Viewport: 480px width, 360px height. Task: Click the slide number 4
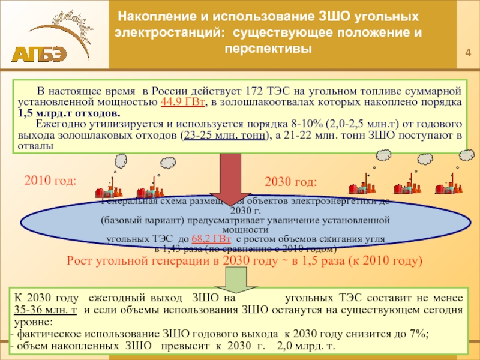click(x=469, y=57)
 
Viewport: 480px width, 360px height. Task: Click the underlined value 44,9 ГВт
click(x=183, y=102)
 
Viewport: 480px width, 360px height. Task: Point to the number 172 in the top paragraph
click(x=256, y=91)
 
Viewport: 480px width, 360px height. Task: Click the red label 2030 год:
click(x=291, y=182)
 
